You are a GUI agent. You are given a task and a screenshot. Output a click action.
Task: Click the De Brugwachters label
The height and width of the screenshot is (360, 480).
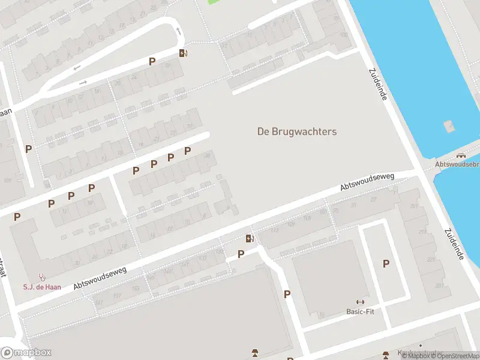coord(297,131)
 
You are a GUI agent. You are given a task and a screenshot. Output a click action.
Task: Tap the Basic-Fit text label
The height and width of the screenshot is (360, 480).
coord(360,311)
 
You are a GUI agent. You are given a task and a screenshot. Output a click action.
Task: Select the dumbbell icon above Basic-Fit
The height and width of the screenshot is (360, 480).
coord(360,302)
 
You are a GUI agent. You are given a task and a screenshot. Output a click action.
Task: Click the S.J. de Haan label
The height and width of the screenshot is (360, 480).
coord(40,286)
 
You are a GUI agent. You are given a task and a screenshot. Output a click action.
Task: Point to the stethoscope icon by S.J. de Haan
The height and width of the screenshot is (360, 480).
coord(42,277)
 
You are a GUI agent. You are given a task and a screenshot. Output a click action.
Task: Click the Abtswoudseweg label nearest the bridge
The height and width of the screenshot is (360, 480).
coord(367,182)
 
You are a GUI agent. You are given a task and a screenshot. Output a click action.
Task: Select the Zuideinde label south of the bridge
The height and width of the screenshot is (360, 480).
coord(455,244)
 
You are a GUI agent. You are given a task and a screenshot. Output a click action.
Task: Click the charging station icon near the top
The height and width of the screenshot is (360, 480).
coord(184,53)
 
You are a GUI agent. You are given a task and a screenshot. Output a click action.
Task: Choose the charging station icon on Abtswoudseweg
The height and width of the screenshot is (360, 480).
coord(250,239)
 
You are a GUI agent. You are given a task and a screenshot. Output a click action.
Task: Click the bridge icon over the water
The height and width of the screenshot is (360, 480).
coord(461,155)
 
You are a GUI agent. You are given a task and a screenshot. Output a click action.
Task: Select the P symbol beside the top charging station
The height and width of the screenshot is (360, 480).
coord(152,61)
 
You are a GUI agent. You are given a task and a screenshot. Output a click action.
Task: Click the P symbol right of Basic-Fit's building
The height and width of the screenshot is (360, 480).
coord(386,263)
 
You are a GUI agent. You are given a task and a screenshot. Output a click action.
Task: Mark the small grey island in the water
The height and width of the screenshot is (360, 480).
coord(449,127)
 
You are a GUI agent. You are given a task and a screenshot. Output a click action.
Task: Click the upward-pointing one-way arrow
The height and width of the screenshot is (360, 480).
coord(178,31)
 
